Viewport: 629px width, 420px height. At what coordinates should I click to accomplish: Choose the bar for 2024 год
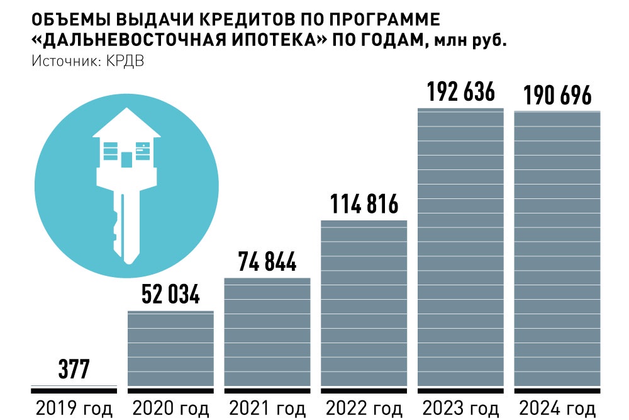click(x=557, y=248)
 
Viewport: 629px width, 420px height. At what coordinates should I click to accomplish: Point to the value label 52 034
click(x=170, y=295)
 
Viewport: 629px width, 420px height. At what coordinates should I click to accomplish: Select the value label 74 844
click(x=267, y=262)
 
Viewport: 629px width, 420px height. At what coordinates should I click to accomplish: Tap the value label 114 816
click(x=364, y=205)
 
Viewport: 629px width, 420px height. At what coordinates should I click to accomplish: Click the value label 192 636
click(x=461, y=93)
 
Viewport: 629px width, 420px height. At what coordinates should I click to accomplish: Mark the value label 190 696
click(x=557, y=96)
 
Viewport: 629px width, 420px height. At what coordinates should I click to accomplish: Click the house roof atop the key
click(x=126, y=123)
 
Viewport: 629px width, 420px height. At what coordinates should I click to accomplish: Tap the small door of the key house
click(x=126, y=159)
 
